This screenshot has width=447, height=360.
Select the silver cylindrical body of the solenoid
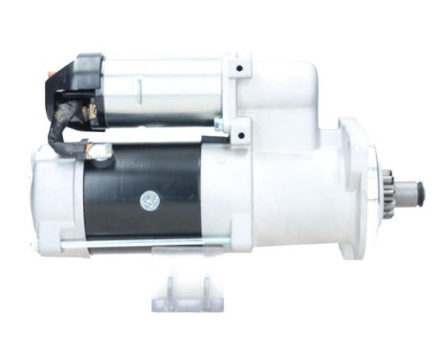[163, 91]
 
